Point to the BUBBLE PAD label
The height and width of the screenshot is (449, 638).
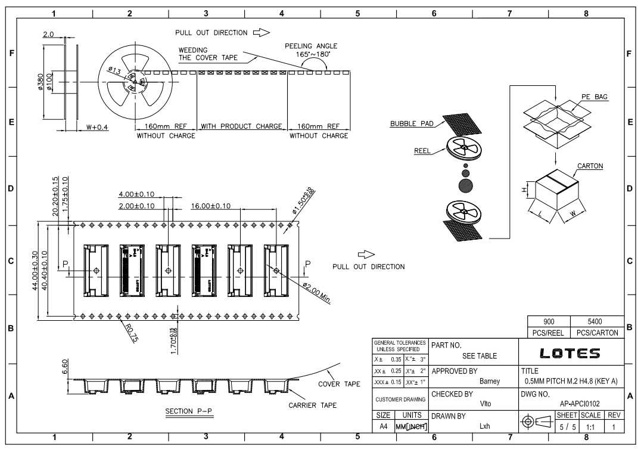(410, 124)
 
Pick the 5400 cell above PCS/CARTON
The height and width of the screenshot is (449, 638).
(596, 320)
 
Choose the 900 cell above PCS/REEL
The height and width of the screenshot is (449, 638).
(549, 320)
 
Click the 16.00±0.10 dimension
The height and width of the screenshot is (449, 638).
(211, 206)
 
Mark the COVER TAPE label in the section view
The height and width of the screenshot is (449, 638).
(338, 384)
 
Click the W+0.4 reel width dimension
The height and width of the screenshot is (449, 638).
(97, 126)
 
